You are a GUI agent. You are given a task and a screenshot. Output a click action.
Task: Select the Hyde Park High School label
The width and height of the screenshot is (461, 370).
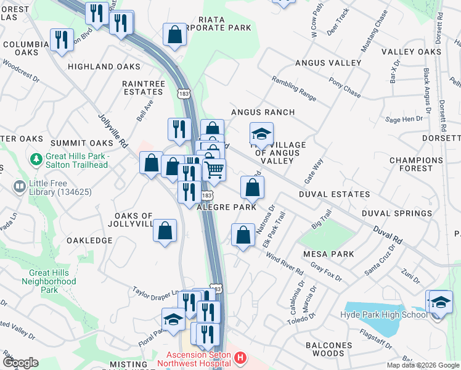click(383, 315)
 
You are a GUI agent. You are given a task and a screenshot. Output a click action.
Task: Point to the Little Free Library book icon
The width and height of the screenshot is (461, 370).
click(19, 186)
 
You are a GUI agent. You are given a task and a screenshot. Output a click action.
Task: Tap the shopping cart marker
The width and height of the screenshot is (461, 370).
click(214, 170)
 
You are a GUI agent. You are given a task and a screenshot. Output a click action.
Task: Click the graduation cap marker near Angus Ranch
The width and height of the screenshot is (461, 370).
click(261, 133)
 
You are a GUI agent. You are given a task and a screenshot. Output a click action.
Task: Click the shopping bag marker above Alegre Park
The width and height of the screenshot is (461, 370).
click(252, 187)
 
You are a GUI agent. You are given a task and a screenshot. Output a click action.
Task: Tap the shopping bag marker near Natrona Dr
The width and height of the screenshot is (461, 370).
click(243, 234)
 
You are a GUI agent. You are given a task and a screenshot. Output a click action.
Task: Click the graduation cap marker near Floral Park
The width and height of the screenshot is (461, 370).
click(173, 319)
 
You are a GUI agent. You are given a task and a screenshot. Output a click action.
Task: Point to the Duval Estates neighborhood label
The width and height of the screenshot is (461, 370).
click(334, 194)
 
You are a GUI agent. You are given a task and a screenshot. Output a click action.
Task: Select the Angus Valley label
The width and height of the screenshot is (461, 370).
click(328, 63)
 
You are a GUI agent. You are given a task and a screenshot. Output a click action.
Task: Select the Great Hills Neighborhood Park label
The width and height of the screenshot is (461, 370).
click(52, 281)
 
